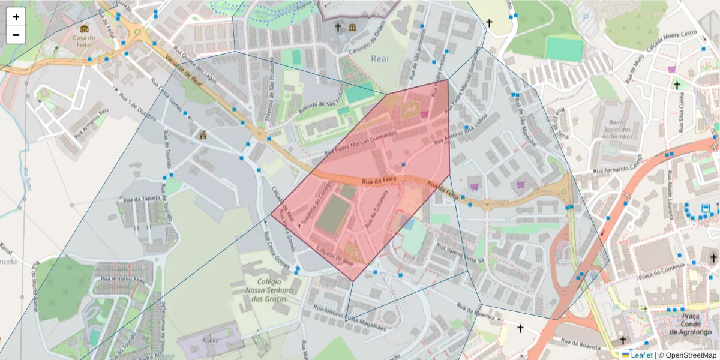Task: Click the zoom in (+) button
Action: pos(16,17)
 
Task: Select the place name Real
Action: pos(380,58)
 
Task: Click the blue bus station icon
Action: pos(706,209)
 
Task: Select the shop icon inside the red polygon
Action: pos(425,114)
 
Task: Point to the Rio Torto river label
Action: pos(26,180)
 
